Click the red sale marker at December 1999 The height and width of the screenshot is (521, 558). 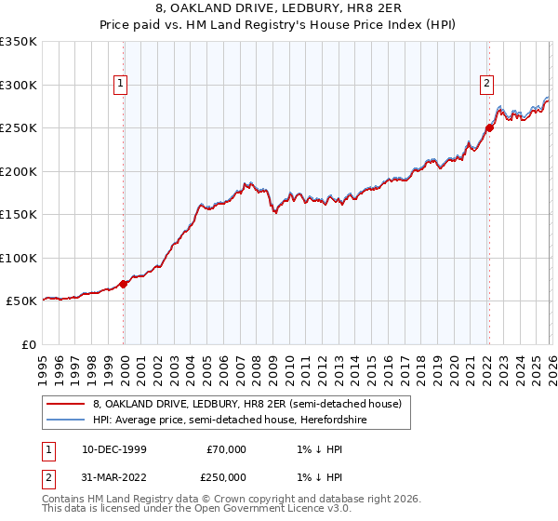(x=124, y=284)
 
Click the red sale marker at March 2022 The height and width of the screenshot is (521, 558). (x=489, y=128)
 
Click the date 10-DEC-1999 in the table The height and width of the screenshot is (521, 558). (x=114, y=449)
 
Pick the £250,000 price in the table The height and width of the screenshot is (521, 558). (x=225, y=479)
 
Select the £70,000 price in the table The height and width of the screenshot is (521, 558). (x=225, y=449)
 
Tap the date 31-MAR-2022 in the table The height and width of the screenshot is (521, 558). (x=114, y=479)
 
